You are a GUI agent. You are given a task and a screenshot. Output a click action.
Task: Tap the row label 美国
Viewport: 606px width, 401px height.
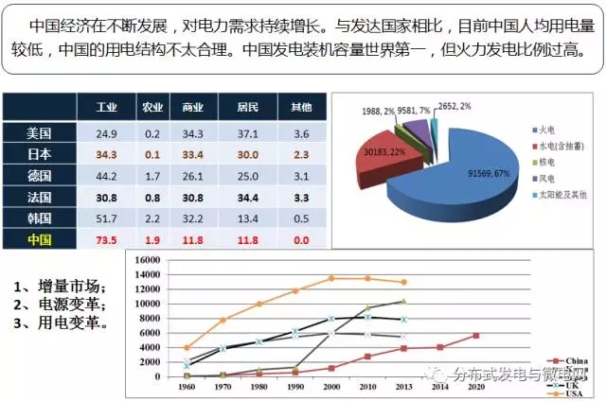(x=39, y=132)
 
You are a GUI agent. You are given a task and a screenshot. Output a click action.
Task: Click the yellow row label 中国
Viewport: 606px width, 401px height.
(x=39, y=240)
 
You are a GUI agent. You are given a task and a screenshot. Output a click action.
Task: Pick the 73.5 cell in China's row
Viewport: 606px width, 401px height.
(x=106, y=240)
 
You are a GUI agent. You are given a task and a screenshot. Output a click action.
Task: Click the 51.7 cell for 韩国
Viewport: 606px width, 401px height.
(x=106, y=218)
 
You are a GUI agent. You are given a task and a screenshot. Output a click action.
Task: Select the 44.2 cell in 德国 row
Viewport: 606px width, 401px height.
(x=106, y=175)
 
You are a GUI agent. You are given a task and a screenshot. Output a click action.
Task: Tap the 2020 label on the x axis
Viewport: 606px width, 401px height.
(x=475, y=387)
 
